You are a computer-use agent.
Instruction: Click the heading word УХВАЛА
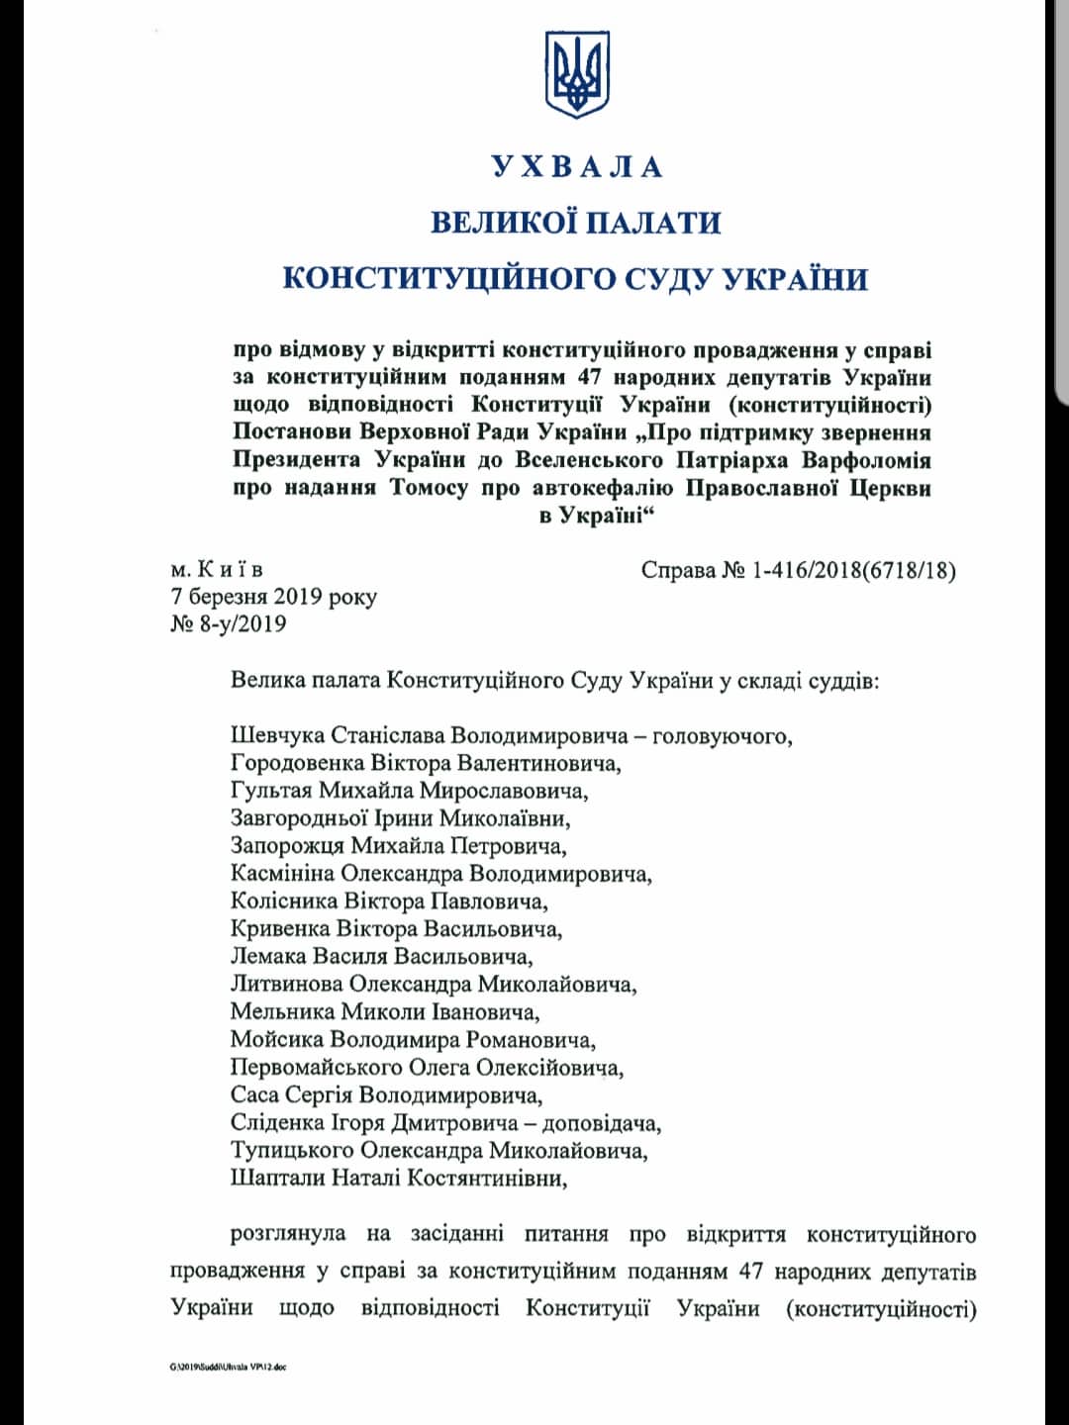pos(576,166)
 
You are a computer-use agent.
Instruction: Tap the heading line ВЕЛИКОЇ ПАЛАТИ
pos(575,222)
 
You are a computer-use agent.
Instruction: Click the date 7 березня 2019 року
pos(273,597)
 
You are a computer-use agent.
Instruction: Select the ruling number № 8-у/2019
pos(229,623)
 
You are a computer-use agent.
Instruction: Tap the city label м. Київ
pos(217,570)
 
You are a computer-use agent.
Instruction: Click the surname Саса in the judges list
pos(254,1095)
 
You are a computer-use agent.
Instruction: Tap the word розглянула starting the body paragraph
pos(288,1234)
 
